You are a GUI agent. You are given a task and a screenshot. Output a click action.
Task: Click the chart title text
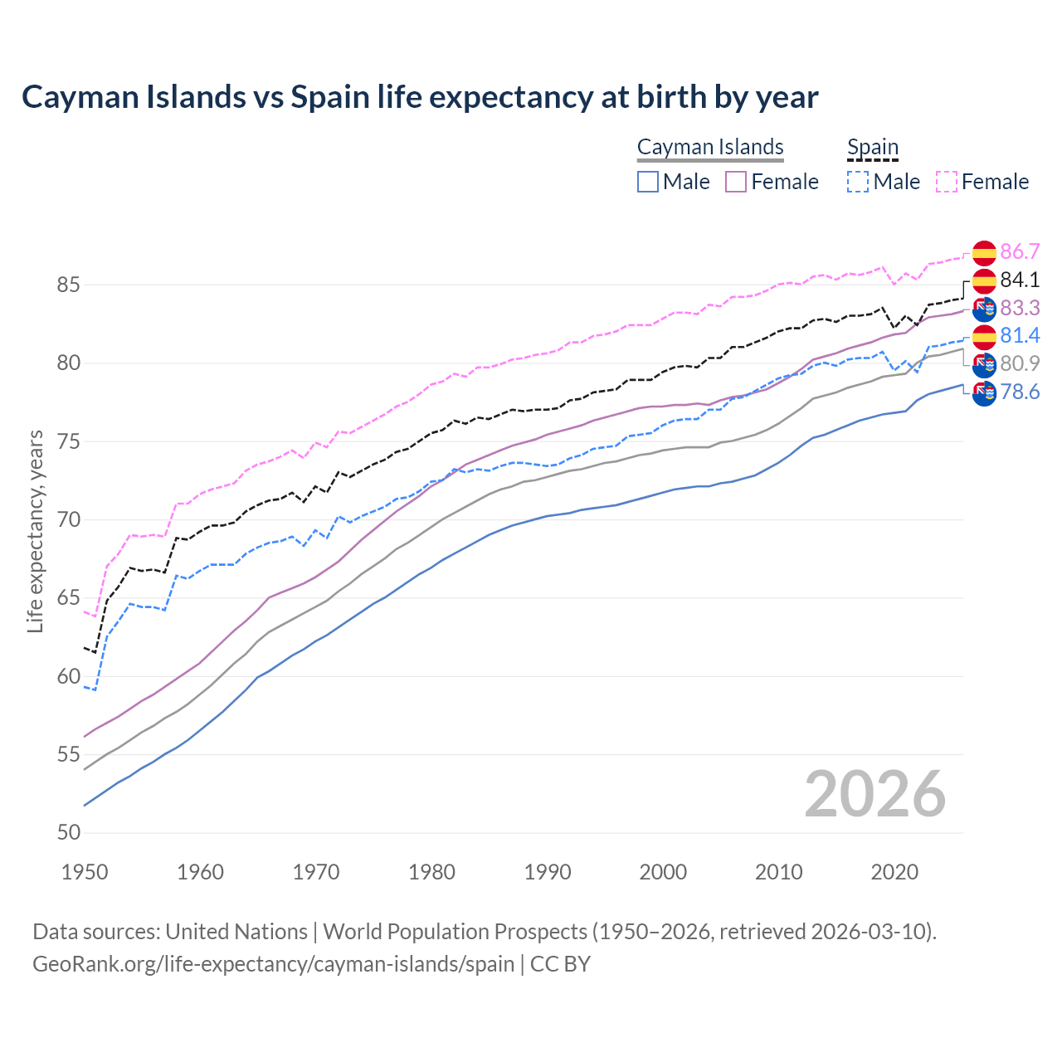(x=420, y=97)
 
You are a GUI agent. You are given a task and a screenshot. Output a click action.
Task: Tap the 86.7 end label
(x=1020, y=251)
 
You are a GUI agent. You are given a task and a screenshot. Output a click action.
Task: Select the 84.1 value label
(x=1020, y=280)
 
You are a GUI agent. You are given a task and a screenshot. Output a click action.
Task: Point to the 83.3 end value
(x=1020, y=308)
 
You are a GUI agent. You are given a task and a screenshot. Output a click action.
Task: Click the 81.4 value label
(x=1020, y=335)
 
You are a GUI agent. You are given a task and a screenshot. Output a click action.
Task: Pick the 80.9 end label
(x=1020, y=363)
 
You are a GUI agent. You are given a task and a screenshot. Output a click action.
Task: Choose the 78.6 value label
(x=1020, y=392)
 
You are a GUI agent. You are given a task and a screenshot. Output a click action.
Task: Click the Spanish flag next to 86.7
(x=984, y=252)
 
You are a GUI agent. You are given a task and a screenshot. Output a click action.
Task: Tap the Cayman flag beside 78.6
(x=984, y=393)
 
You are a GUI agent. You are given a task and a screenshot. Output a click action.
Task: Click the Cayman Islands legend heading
(x=710, y=147)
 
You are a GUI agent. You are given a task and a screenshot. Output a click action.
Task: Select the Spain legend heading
(x=873, y=147)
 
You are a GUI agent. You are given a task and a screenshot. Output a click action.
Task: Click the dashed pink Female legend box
(x=947, y=182)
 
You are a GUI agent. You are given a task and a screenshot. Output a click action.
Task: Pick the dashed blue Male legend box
(x=858, y=182)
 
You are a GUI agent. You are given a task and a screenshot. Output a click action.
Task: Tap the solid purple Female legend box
(x=736, y=182)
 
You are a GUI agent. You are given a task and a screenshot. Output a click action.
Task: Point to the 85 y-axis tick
(x=68, y=285)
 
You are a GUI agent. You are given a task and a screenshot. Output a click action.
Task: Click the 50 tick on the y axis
(x=68, y=833)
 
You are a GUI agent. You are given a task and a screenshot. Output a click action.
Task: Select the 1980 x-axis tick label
(x=431, y=872)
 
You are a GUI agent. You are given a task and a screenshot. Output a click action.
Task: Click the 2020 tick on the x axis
(x=894, y=872)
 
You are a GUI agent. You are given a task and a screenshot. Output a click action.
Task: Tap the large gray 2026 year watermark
(x=874, y=794)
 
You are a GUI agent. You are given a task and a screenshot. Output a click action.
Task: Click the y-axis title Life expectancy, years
(x=36, y=531)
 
